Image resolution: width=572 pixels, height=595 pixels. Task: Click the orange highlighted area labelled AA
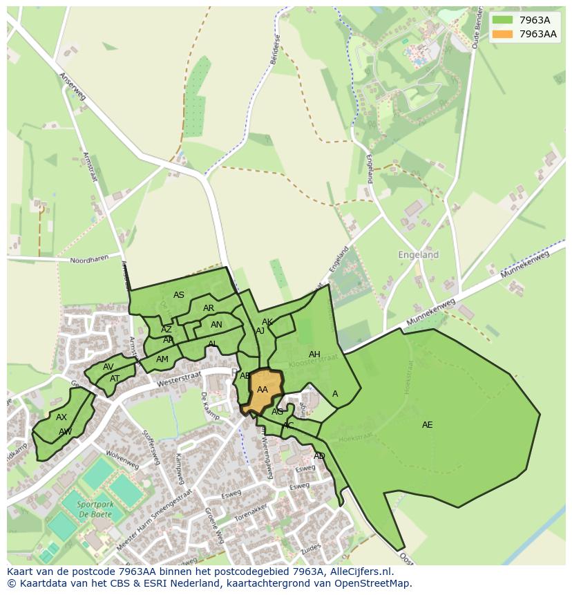click(263, 390)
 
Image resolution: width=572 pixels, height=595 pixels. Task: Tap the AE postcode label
click(427, 425)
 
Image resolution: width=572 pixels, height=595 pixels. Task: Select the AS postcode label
click(179, 295)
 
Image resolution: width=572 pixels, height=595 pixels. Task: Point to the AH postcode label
click(314, 355)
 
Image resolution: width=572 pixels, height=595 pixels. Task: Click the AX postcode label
click(61, 417)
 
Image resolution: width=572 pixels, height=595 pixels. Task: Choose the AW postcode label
click(65, 432)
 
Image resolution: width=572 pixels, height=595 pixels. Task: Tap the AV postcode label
click(108, 367)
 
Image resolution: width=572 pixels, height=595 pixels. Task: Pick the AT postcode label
click(115, 379)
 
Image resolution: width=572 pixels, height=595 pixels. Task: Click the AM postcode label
click(162, 359)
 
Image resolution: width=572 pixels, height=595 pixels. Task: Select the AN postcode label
click(216, 325)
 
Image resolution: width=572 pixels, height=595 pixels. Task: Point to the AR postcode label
click(209, 308)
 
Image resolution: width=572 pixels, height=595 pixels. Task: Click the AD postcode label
click(319, 456)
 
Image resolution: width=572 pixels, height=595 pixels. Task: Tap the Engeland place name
click(418, 255)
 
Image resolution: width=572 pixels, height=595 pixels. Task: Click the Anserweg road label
click(72, 86)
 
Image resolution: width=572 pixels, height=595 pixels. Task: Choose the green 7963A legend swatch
click(502, 20)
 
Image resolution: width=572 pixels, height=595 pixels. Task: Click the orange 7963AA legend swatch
click(502, 34)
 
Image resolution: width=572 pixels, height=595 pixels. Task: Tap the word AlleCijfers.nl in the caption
click(360, 572)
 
